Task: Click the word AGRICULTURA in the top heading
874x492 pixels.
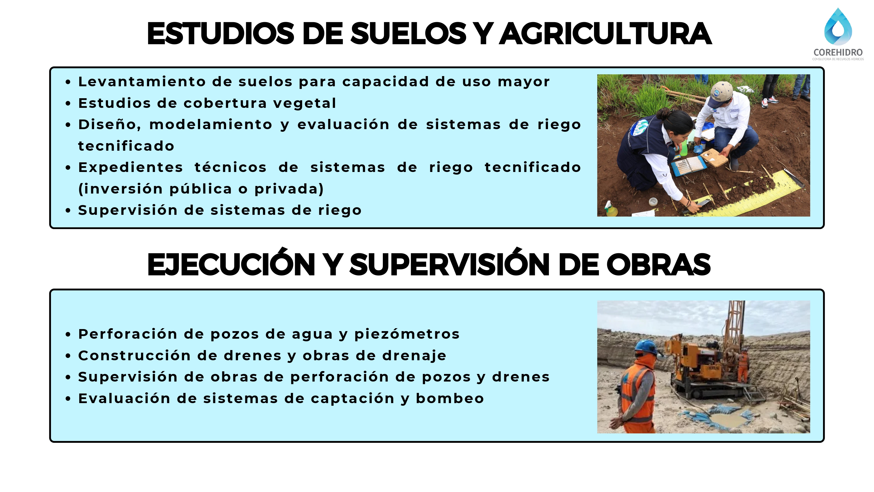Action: [x=606, y=34]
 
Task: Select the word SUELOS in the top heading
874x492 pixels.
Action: [x=408, y=34]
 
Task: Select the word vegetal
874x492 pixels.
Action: [x=304, y=103]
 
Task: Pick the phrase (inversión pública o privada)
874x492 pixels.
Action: [x=201, y=189]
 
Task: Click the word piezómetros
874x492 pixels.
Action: [x=407, y=334]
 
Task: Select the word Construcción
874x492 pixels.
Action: [x=134, y=356]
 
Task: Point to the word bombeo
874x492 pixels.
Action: [x=450, y=398]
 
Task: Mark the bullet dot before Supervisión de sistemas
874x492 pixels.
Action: [x=68, y=210]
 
